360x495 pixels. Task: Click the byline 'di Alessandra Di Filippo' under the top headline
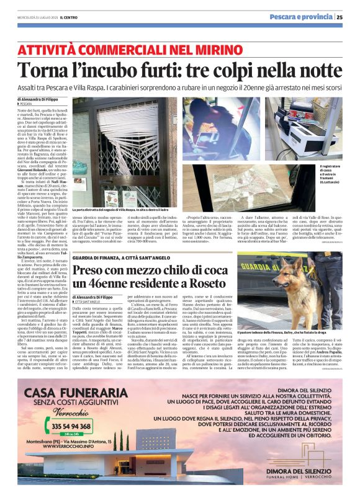click(38, 99)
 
